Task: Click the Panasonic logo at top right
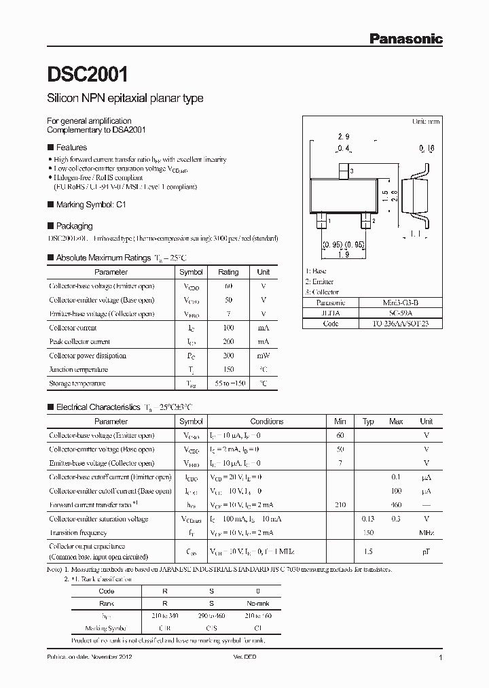pos(405,39)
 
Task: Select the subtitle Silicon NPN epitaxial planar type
pos(125,99)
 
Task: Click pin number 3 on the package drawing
pos(350,170)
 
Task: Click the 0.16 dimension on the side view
pos(427,148)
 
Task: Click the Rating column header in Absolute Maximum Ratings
pos(228,272)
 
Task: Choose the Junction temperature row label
pos(78,370)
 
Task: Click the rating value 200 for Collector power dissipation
pos(228,356)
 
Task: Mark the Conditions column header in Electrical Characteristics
pos(267,422)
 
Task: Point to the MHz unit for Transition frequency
pos(426,533)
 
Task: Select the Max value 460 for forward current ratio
pos(396,505)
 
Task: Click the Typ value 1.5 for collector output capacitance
pos(368,551)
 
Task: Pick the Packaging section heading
pos(74,226)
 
